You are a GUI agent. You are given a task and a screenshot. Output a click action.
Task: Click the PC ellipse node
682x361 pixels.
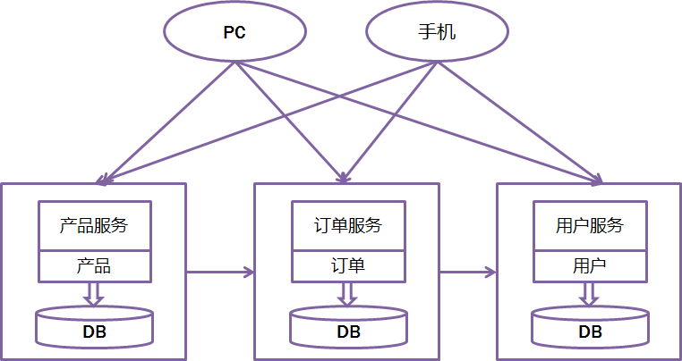(234, 33)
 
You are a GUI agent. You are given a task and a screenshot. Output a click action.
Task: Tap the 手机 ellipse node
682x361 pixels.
(437, 33)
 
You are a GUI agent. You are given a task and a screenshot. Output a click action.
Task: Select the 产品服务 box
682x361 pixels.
(94, 225)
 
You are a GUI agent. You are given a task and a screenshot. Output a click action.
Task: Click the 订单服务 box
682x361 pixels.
(348, 225)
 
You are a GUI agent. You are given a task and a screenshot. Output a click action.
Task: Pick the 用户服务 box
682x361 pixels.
(590, 225)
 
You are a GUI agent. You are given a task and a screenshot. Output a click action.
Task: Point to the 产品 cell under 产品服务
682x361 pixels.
(94, 265)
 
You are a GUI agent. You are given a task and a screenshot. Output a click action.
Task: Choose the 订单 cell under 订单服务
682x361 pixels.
(348, 265)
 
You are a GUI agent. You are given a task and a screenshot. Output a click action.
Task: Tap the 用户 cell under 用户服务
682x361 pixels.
(590, 265)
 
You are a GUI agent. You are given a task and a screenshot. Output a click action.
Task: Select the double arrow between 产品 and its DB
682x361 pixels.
(94, 293)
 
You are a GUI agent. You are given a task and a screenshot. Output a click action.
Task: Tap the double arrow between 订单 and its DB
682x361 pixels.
(348, 293)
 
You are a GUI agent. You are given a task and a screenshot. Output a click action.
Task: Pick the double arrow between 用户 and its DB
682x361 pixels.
(590, 293)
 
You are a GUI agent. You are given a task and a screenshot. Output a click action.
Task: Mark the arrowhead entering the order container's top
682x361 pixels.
(345, 177)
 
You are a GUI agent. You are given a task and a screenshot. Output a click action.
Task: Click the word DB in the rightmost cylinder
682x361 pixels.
(590, 332)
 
